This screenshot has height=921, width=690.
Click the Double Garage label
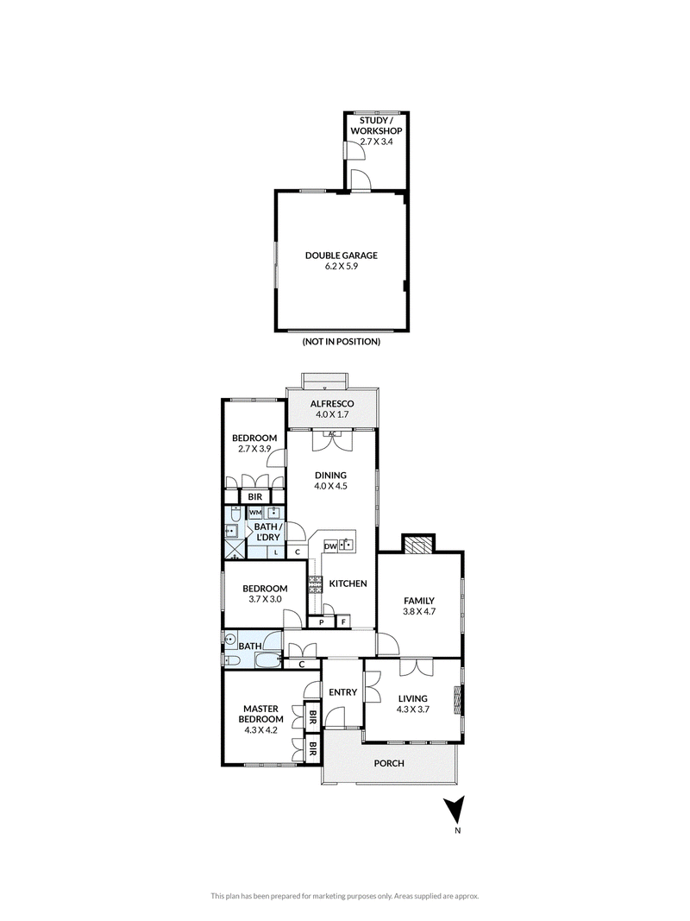[x=341, y=260]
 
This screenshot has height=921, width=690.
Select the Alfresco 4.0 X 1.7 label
[x=332, y=409]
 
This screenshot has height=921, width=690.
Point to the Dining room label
[x=331, y=481]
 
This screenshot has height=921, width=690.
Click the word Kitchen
[x=348, y=584]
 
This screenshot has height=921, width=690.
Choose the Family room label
[x=419, y=606]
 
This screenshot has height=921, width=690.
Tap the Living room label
[x=413, y=703]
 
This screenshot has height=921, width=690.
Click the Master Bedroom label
[x=261, y=719]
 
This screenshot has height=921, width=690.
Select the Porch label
[x=389, y=763]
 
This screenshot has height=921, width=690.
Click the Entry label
[x=342, y=692]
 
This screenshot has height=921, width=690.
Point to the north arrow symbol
[x=455, y=811]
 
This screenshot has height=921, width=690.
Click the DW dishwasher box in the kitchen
[x=330, y=546]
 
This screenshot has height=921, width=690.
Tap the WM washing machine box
[x=254, y=512]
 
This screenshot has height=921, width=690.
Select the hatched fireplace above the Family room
[x=417, y=544]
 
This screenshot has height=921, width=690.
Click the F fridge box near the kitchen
[x=343, y=621]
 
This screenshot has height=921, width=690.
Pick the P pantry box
[x=322, y=621]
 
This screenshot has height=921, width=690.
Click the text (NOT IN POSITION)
[x=341, y=341]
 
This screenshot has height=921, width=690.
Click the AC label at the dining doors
[x=332, y=434]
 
